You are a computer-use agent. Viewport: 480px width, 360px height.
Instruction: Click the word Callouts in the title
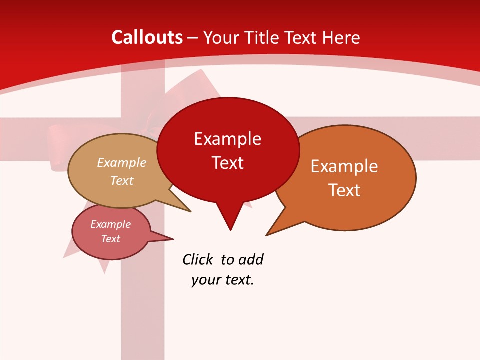(147, 37)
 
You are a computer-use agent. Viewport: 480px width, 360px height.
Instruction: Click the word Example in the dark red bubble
(227, 139)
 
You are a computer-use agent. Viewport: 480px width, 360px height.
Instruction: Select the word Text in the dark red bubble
(227, 163)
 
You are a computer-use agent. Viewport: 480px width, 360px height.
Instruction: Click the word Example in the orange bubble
(344, 166)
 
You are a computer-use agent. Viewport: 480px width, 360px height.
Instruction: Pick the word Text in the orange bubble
(344, 190)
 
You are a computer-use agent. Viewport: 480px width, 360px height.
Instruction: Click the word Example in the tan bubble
(122, 163)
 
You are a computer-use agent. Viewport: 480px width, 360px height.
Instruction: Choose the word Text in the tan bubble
(122, 180)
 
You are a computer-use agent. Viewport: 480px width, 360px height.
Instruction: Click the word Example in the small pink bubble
(110, 224)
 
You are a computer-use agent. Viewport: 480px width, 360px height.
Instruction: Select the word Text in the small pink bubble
(110, 239)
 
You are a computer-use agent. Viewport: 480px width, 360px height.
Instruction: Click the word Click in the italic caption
(198, 260)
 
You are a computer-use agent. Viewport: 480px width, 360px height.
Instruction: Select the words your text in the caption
(223, 280)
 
